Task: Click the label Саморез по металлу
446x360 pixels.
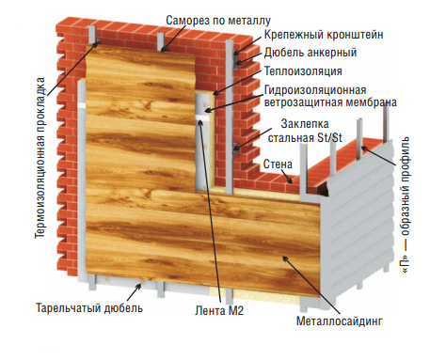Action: tap(218, 21)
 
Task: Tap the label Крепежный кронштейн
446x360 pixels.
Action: tap(324, 34)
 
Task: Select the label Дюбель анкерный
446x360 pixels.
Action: tap(311, 53)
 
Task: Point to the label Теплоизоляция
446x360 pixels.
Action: tap(303, 70)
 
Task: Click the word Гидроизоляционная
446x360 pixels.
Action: tap(315, 89)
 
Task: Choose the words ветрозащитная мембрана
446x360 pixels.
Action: tap(330, 102)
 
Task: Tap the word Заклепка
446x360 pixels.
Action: tap(305, 124)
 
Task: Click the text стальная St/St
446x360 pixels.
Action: tap(305, 138)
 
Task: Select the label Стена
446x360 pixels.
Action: tap(278, 164)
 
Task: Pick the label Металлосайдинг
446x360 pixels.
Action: tap(340, 321)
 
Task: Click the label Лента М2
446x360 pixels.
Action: tap(219, 310)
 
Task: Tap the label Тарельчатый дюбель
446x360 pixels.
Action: tap(89, 307)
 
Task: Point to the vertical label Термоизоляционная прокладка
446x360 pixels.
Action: tap(40, 158)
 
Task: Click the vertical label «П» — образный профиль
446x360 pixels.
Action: tap(406, 204)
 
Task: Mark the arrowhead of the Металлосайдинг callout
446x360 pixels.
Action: tap(284, 258)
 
